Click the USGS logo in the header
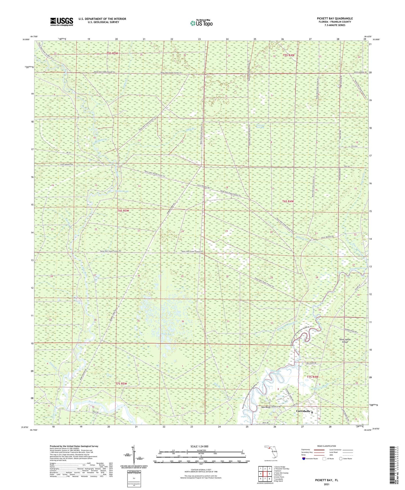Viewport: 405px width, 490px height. click(61, 21)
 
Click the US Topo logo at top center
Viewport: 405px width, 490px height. click(201, 23)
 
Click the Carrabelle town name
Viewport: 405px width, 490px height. click(304, 411)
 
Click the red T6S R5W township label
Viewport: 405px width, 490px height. click(123, 210)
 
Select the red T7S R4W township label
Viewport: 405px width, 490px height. click(313, 377)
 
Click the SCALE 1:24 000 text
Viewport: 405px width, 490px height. click(199, 447)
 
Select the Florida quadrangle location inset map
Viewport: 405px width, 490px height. click(270, 452)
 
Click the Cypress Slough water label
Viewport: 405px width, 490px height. click(320, 388)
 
